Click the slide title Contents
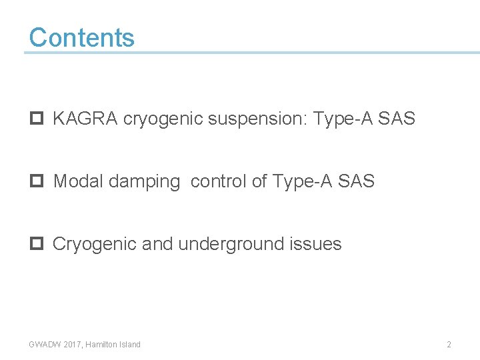(x=81, y=37)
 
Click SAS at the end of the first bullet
(x=397, y=119)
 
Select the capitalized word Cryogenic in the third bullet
(x=95, y=244)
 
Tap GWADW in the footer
(x=44, y=345)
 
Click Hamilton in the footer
(x=103, y=345)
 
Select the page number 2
(x=449, y=345)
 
